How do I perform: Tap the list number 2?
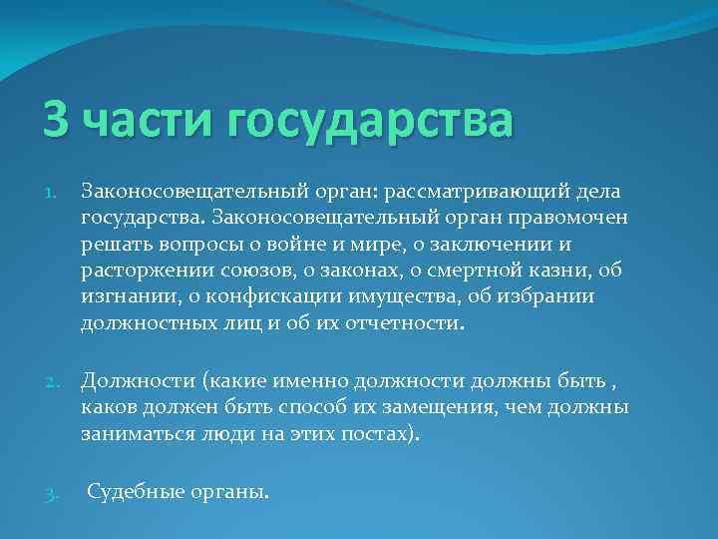click(51, 381)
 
